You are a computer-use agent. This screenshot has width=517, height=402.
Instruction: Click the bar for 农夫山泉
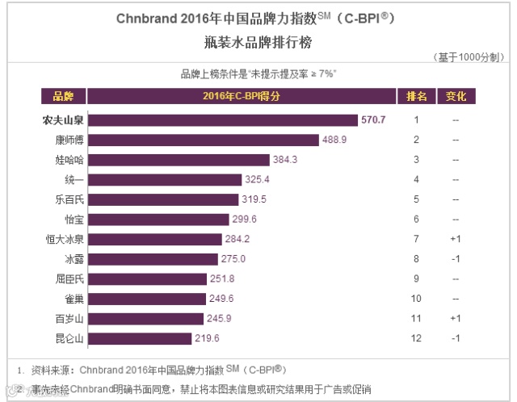(x=222, y=120)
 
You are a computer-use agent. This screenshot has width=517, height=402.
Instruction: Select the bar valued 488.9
(x=203, y=140)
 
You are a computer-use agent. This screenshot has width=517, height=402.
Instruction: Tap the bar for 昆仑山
(x=139, y=338)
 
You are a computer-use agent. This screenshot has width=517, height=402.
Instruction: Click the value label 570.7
(x=374, y=120)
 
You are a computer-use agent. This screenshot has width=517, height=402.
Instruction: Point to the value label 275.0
(x=234, y=259)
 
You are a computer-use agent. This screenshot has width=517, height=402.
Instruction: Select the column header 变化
(x=456, y=97)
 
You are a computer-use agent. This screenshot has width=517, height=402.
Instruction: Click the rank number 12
(x=417, y=338)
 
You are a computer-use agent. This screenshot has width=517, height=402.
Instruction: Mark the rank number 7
(x=417, y=239)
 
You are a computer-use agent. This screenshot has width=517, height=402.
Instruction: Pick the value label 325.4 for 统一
(x=257, y=179)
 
